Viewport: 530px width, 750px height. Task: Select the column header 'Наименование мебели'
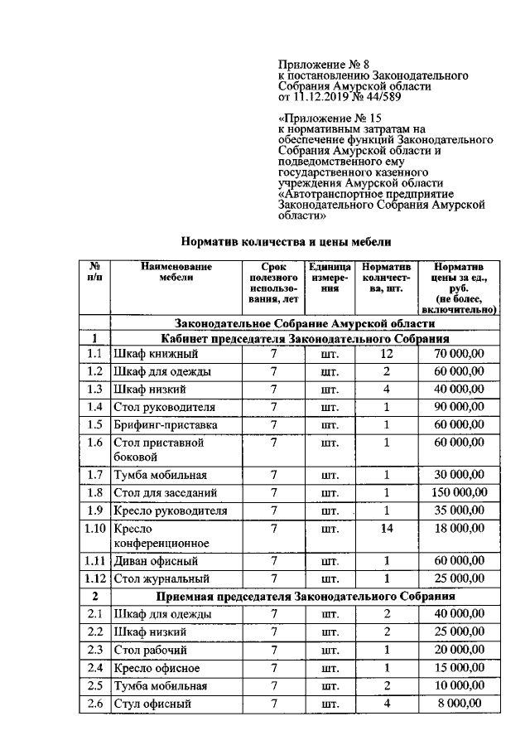pos(175,273)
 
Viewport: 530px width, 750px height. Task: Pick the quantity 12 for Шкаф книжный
pos(386,354)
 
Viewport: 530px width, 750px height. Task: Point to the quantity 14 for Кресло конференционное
pos(386,527)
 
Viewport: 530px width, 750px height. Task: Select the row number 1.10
pos(95,527)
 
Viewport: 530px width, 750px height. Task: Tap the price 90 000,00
pos(460,407)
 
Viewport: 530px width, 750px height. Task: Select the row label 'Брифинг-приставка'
pos(166,424)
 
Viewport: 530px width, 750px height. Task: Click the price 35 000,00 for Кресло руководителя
pos(460,510)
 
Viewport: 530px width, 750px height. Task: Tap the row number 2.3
pos(95,650)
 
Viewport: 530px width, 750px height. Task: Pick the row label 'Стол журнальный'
pos(161,578)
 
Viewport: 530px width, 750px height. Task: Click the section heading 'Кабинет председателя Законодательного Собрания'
pos(305,338)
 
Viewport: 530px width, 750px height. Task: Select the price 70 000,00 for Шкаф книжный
pos(460,354)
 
